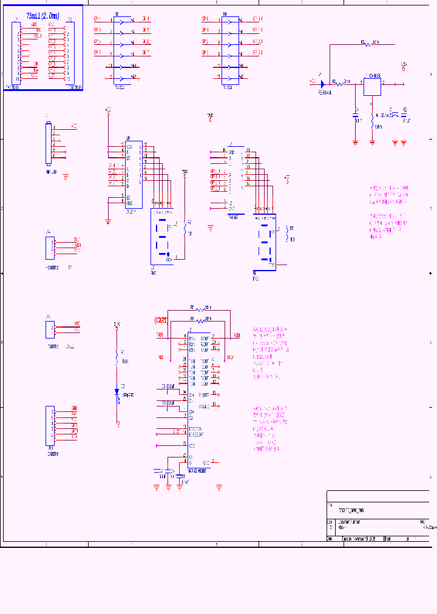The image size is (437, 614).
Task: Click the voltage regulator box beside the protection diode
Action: point(372,86)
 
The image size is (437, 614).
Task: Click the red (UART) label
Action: point(161,320)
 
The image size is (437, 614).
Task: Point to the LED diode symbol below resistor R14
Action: point(117,391)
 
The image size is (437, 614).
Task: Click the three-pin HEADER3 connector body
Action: point(49,246)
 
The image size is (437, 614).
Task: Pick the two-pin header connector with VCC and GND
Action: point(49,329)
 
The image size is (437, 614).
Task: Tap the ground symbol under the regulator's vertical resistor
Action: point(372,143)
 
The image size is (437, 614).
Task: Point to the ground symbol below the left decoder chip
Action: point(108,223)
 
